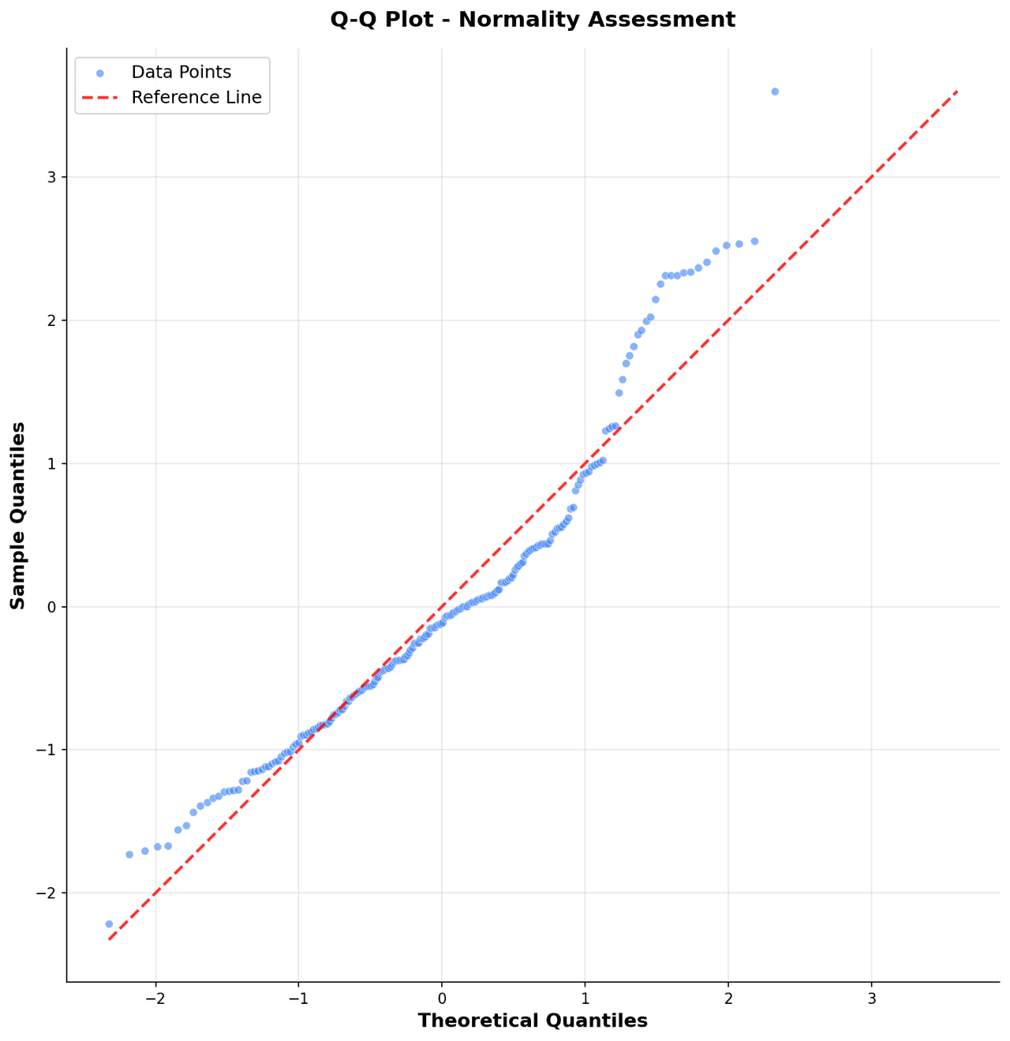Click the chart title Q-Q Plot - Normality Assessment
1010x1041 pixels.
pyautogui.click(x=533, y=20)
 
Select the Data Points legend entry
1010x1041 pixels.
pyautogui.click(x=181, y=73)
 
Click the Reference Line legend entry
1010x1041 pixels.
pyautogui.click(x=196, y=98)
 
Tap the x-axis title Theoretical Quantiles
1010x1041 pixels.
pyautogui.click(x=533, y=1020)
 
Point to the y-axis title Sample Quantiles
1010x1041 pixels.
pyautogui.click(x=18, y=515)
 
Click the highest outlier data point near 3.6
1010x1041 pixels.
pyautogui.click(x=775, y=92)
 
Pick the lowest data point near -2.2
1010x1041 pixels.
pyautogui.click(x=109, y=923)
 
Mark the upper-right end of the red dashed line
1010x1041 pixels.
pyautogui.click(x=956, y=92)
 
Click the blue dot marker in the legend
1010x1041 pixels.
pyautogui.click(x=99, y=73)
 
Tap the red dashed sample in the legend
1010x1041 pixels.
pyautogui.click(x=99, y=98)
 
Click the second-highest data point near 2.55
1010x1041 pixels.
pyautogui.click(x=754, y=241)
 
